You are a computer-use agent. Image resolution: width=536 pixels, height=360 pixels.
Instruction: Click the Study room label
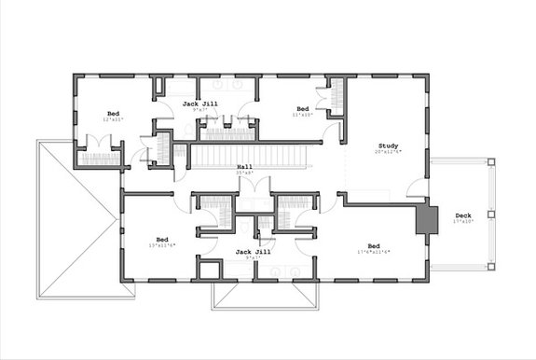point(388,145)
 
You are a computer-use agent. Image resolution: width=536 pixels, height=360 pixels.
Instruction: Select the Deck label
point(463,215)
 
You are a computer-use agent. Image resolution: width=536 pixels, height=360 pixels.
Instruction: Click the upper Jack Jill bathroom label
point(199,104)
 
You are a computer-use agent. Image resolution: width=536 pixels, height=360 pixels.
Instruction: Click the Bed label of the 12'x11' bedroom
point(112,114)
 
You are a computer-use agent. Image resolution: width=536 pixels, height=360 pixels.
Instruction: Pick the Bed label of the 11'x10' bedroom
point(302,108)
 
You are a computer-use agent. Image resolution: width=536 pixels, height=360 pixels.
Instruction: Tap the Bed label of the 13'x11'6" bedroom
point(161,239)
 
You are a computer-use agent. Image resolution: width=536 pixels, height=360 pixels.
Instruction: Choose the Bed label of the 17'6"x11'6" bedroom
point(373,246)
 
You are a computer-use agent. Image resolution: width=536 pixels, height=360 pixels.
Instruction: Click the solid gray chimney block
point(426,220)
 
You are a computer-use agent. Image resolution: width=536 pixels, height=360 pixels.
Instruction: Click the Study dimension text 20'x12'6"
point(389,152)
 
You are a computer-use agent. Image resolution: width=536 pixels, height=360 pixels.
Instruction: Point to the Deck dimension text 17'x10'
point(463,222)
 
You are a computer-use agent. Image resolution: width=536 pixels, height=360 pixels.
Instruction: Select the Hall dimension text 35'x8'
point(245,173)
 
